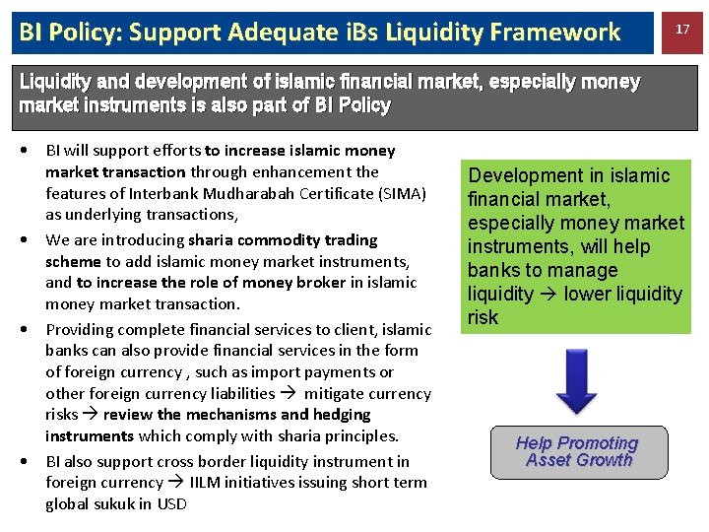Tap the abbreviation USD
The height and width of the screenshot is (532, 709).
click(x=170, y=504)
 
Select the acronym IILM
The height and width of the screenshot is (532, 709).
click(x=206, y=483)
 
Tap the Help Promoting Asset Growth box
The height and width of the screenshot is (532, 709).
click(x=578, y=452)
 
